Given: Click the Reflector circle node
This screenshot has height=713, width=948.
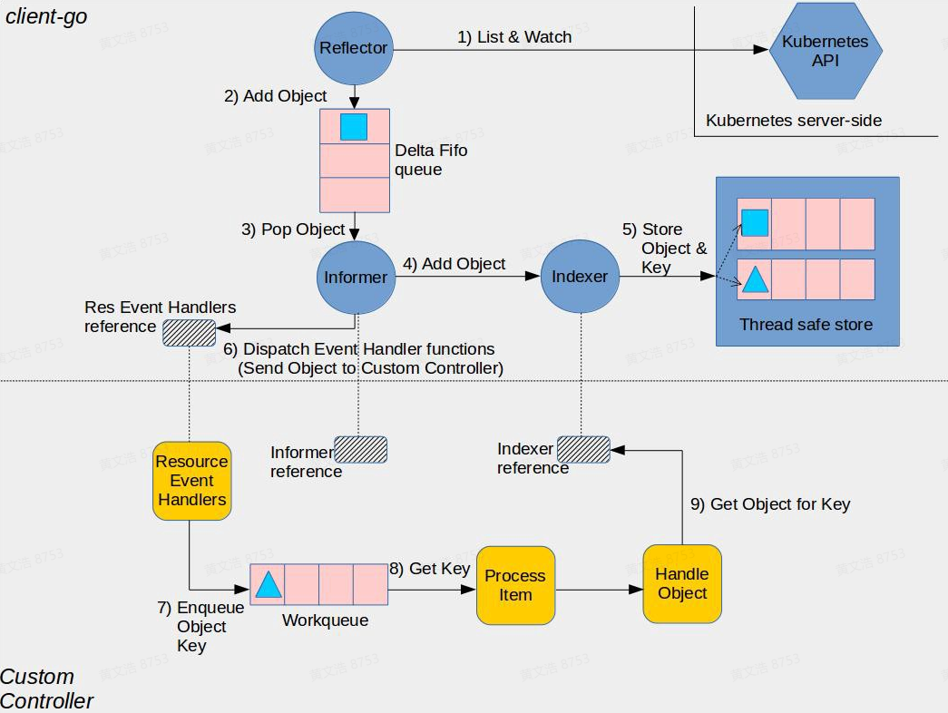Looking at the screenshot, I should coord(354,48).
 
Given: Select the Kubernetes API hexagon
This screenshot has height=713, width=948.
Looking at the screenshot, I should coord(825,52).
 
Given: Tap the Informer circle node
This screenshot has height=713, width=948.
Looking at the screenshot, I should coord(355,278).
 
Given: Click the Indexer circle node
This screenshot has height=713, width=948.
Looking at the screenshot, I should coord(580,278).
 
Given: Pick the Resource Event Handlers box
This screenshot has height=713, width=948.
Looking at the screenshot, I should coord(191,481).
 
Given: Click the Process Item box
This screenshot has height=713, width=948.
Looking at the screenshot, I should coord(515,585).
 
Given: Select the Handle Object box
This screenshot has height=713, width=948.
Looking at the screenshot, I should coord(682,583).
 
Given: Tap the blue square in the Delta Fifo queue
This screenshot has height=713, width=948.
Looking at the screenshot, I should coord(354,127).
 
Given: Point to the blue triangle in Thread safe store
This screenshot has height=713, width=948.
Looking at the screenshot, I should coord(755,279).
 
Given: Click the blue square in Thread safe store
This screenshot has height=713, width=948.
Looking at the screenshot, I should coord(755,222).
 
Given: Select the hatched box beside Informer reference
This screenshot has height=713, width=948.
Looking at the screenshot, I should coord(360,450).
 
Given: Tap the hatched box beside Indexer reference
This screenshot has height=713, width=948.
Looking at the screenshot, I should coord(582,448).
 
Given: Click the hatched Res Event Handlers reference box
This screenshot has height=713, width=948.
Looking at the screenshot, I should coord(189,333).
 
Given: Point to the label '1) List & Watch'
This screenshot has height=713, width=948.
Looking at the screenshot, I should coord(514,37).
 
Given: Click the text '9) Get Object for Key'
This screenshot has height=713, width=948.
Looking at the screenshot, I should coord(770,504).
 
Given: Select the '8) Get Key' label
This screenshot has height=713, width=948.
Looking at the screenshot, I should coord(430,569).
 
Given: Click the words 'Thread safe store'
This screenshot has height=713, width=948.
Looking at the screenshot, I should coord(806,325).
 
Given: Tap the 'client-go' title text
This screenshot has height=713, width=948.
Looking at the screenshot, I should coord(46,16).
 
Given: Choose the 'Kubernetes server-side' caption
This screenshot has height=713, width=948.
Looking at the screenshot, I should coord(794,121).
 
